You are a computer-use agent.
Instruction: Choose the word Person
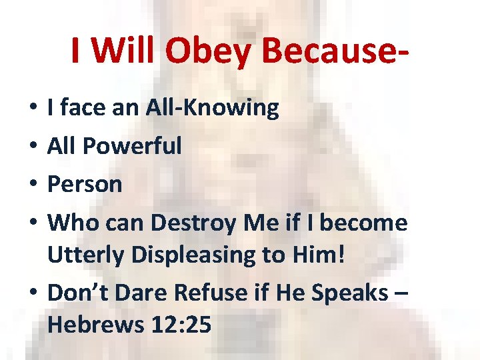click(x=85, y=183)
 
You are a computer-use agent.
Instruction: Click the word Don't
click(x=77, y=291)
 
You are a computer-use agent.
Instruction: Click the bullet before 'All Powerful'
click(x=33, y=147)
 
